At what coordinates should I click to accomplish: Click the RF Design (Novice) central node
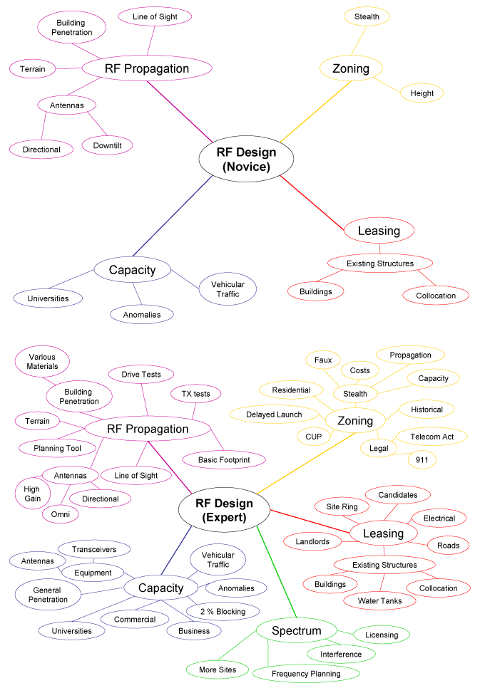(x=236, y=160)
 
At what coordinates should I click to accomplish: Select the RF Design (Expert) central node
(x=224, y=511)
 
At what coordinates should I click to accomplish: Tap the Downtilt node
(x=107, y=145)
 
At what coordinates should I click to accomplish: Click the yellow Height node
(x=422, y=93)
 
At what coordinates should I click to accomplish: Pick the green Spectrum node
(x=296, y=631)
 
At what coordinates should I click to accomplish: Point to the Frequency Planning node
(x=306, y=673)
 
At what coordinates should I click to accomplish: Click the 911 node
(x=421, y=461)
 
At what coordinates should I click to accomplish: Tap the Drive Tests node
(x=141, y=374)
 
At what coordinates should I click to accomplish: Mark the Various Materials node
(x=43, y=361)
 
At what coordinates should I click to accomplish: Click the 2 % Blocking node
(x=226, y=611)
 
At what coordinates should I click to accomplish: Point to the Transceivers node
(x=94, y=549)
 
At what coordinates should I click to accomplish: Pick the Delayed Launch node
(x=274, y=415)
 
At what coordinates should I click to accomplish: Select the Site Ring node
(x=342, y=506)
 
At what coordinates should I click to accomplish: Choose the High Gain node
(x=31, y=494)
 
